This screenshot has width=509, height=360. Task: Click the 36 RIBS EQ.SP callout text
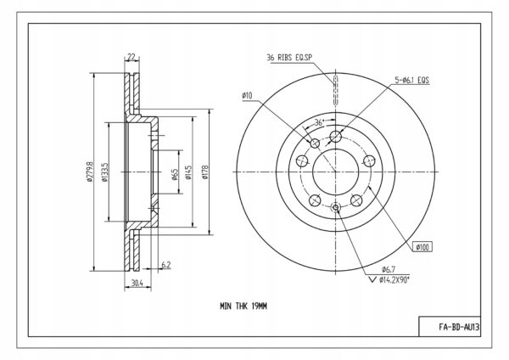tap(289, 58)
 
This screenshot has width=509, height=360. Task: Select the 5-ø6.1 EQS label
tap(412, 80)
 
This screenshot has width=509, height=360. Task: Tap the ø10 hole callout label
tap(247, 96)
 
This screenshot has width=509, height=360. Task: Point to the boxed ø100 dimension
tap(422, 247)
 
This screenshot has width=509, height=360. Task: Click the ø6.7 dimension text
tap(389, 269)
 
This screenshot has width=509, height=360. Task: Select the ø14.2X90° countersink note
tap(394, 279)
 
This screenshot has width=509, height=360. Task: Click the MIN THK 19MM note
tap(243, 306)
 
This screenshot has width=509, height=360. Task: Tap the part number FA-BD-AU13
tap(459, 327)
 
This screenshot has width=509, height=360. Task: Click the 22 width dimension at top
tap(131, 57)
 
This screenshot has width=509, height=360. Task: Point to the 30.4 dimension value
tap(137, 283)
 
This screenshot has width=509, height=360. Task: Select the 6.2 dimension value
tap(166, 265)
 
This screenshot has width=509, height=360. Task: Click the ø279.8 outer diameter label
tap(90, 172)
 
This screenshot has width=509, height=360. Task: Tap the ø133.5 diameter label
tap(104, 172)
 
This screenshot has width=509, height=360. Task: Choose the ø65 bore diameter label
tap(175, 174)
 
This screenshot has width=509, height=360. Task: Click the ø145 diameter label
tap(188, 172)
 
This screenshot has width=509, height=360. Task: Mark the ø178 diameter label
tap(204, 172)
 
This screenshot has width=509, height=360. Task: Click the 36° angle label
tap(320, 123)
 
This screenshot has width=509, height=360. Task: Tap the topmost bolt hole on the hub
tap(336, 136)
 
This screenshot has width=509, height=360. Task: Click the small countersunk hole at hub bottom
tap(336, 207)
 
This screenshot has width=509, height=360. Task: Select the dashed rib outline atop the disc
tap(336, 90)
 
